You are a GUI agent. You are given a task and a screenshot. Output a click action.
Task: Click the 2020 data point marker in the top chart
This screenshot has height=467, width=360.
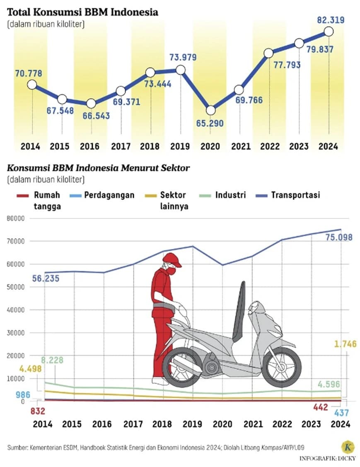(x=210, y=110)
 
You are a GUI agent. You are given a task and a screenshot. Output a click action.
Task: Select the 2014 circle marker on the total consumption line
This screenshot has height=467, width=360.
(x=32, y=85)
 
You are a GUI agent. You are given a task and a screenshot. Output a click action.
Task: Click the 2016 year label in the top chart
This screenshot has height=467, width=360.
(x=90, y=147)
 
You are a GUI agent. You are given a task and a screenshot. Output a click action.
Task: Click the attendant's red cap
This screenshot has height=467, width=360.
(x=172, y=260)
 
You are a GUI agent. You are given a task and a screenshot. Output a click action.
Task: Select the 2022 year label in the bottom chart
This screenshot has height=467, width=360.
(x=281, y=424)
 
